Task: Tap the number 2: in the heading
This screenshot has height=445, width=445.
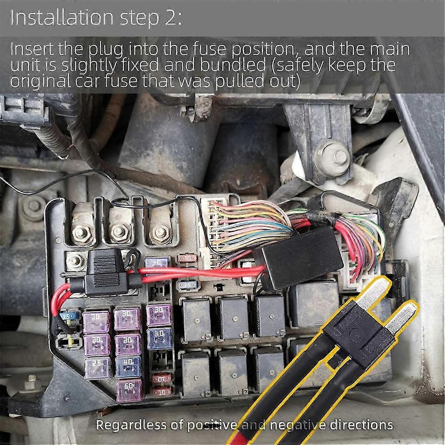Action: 173,18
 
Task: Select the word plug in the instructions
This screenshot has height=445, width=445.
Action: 106,50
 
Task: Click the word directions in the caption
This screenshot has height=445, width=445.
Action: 361,425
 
